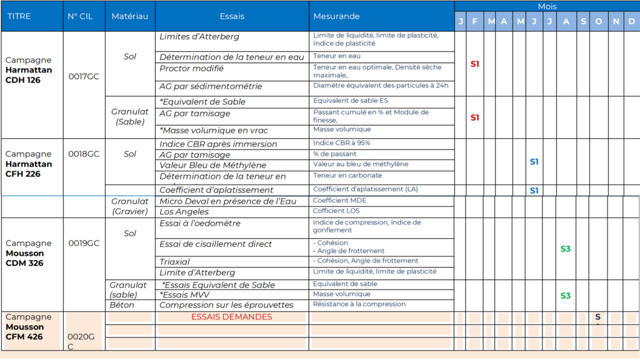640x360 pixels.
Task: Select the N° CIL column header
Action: pyautogui.click(x=79, y=16)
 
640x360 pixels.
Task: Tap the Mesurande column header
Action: pyautogui.click(x=336, y=16)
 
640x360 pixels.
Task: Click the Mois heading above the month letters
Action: pyautogui.click(x=547, y=6)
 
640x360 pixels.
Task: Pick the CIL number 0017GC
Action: pyautogui.click(x=84, y=76)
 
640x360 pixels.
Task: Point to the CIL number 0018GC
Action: pyautogui.click(x=84, y=154)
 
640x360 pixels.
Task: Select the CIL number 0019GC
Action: pyautogui.click(x=84, y=243)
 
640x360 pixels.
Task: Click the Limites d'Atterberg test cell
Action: pyautogui.click(x=199, y=37)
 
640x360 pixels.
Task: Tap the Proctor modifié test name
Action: pyautogui.click(x=191, y=68)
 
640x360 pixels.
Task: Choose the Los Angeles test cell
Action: pyautogui.click(x=183, y=212)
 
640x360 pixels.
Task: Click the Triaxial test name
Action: pyautogui.click(x=174, y=262)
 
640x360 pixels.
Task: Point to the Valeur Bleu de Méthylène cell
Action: pyautogui.click(x=212, y=166)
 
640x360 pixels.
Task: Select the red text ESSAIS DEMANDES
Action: pyautogui.click(x=231, y=317)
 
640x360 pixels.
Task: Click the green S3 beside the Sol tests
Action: pyautogui.click(x=565, y=249)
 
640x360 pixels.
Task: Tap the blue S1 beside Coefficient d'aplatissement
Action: pyautogui.click(x=534, y=191)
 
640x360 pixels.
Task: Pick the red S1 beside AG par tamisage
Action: pyautogui.click(x=474, y=117)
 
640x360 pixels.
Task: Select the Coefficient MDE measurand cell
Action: pyautogui.click(x=339, y=201)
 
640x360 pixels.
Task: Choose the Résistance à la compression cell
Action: pyautogui.click(x=359, y=304)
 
